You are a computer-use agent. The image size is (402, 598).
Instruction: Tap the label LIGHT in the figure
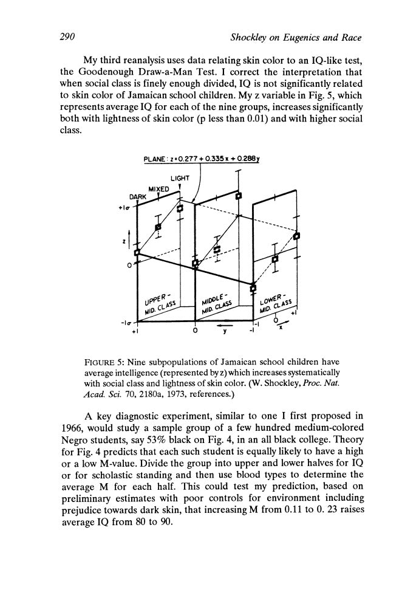179,177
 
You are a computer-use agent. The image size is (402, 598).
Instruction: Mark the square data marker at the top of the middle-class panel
239,196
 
